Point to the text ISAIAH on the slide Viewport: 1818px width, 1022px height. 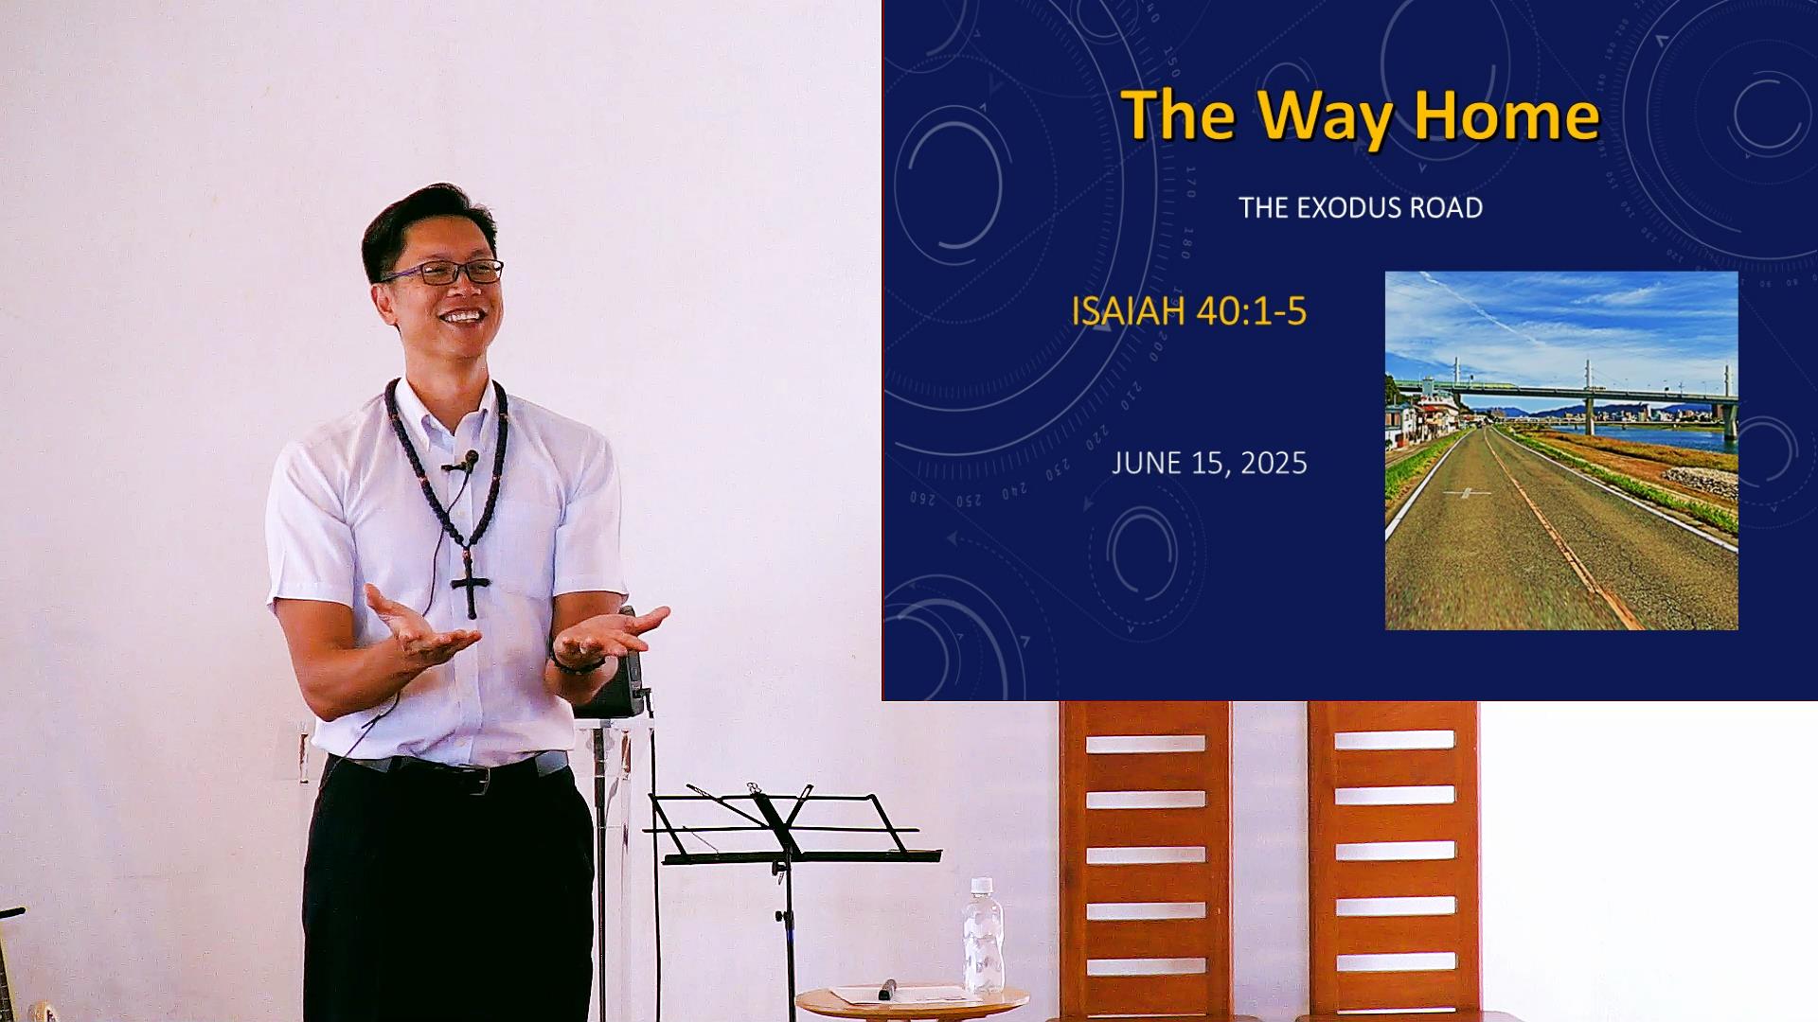click(1129, 311)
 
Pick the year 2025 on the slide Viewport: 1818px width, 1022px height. click(1274, 463)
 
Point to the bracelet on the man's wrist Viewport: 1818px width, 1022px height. click(576, 666)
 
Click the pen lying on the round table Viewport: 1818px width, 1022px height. click(886, 989)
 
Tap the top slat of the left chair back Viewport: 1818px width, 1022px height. click(1146, 744)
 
